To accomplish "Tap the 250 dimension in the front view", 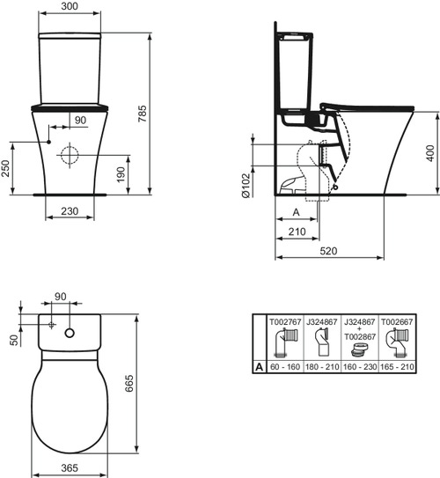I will click(x=7, y=167).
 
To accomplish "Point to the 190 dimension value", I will click(x=134, y=173).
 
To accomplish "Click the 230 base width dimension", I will click(x=71, y=211).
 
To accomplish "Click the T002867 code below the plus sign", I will click(x=363, y=336).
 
